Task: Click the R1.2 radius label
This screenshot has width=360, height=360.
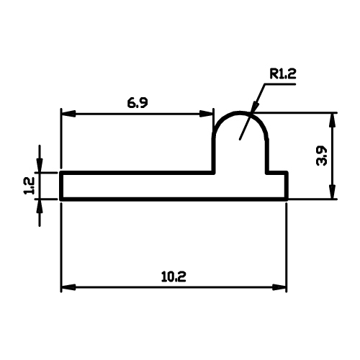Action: [283, 73]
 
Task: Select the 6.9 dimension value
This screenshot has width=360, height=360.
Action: [138, 103]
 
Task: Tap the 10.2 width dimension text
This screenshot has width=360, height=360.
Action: [174, 276]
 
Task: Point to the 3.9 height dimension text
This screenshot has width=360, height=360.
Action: [321, 156]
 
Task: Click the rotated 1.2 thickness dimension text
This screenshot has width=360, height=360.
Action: [30, 186]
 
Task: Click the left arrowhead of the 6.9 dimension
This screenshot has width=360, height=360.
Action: [69, 114]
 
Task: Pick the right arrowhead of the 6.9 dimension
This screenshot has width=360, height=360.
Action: [206, 114]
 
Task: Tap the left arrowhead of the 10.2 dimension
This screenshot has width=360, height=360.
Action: [69, 287]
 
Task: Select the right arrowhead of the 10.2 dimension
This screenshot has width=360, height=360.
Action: [279, 287]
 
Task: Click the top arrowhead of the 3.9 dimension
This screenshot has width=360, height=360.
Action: [332, 120]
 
